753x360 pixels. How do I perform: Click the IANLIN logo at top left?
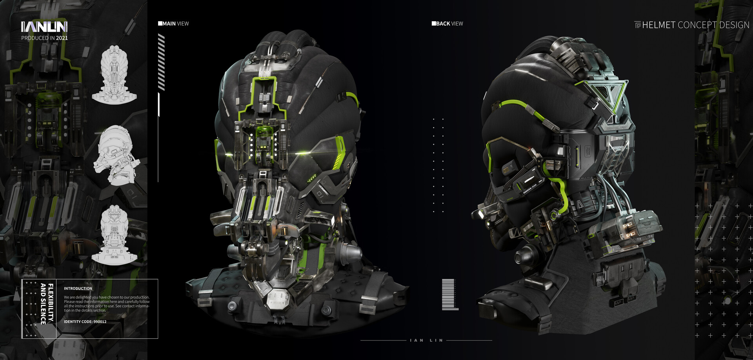[x=44, y=27]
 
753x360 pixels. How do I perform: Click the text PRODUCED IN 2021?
[x=44, y=38]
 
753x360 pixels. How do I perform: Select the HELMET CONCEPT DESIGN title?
[x=695, y=25]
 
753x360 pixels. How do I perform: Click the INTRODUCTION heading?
[x=78, y=289]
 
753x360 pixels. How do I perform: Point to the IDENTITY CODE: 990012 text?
[x=85, y=322]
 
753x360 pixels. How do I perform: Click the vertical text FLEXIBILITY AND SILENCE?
[x=47, y=304]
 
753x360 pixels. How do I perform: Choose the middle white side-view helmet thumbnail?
[x=115, y=156]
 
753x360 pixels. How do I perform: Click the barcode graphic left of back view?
[x=449, y=294]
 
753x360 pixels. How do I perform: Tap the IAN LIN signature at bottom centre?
[x=426, y=340]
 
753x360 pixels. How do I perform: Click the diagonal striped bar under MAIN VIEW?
[x=161, y=62]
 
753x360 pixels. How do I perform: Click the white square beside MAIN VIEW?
[x=160, y=24]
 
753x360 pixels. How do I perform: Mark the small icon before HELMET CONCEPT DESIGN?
[x=638, y=25]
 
